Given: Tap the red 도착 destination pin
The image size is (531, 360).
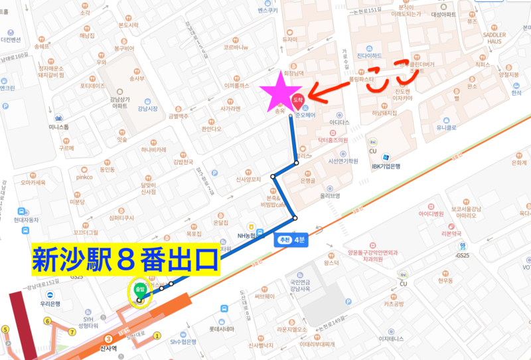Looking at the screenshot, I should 297,100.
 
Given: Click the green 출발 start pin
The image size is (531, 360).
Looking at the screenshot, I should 140,290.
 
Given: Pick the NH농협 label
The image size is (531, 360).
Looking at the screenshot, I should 248,235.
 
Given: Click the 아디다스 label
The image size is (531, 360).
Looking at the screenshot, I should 339,122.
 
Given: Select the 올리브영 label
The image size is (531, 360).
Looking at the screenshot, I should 329,196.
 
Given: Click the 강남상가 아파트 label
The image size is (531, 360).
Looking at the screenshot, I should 120,100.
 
